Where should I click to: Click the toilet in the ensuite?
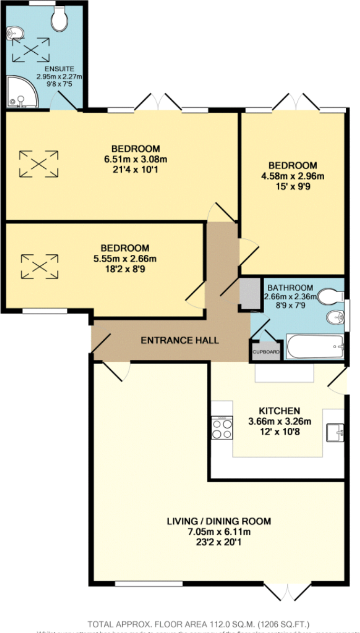point(60,20)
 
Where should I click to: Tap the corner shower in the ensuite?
point(21,92)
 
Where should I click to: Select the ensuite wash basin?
point(12,34)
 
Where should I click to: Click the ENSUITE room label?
point(59,69)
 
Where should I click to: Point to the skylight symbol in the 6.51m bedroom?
point(38,164)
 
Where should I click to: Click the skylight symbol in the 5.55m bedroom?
point(38,266)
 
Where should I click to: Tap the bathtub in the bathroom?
point(315,347)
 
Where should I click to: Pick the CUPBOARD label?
point(266,352)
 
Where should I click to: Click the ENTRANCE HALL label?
point(179,340)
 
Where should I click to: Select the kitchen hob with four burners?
point(221,428)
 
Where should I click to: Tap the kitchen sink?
point(335,433)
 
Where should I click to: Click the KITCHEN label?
point(279,411)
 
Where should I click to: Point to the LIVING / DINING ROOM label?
point(219,521)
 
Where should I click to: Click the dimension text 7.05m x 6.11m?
point(219,531)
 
